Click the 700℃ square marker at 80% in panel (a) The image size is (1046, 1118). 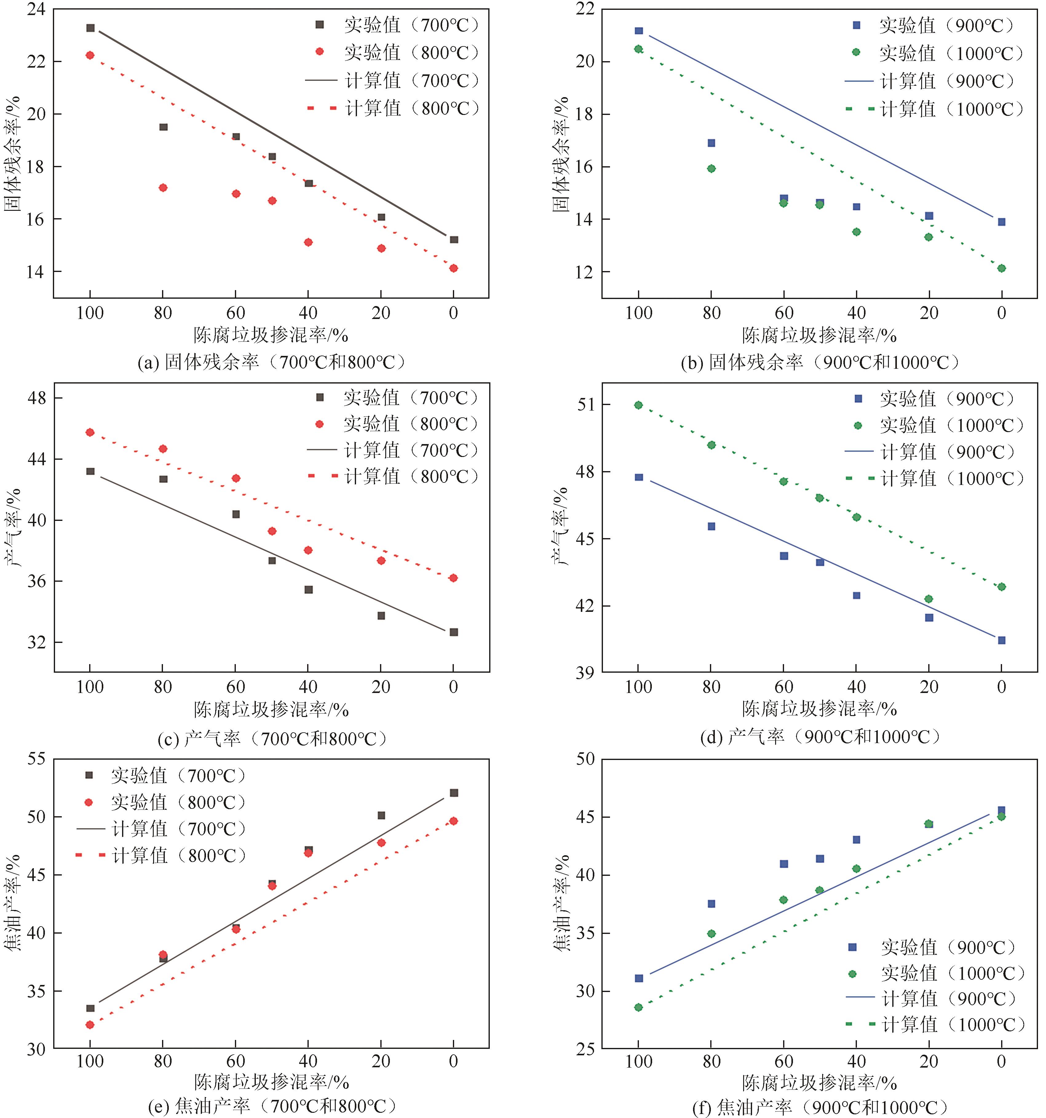pyautogui.click(x=163, y=127)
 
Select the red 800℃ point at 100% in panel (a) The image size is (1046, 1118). pyautogui.click(x=90, y=55)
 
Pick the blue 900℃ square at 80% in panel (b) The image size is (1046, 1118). pyautogui.click(x=711, y=143)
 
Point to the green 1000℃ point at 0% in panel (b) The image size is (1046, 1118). pyautogui.click(x=1001, y=268)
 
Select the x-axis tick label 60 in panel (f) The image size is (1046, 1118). pyautogui.click(x=784, y=1062)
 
